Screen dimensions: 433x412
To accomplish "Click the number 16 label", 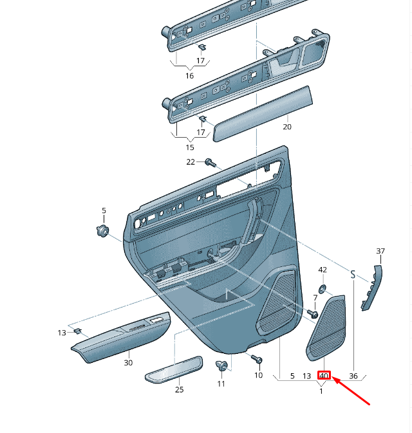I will [x=189, y=76].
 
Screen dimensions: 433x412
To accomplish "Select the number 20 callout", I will [x=287, y=127].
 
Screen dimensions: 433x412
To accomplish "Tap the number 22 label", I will [x=191, y=161].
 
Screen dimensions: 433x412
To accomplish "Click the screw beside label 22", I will [x=209, y=162].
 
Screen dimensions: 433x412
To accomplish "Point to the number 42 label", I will [x=323, y=270].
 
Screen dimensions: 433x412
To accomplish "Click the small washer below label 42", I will [x=323, y=288].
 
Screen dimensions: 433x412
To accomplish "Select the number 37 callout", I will [x=380, y=251].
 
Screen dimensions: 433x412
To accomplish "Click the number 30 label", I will [x=128, y=363].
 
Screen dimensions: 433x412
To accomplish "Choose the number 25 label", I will [x=180, y=390].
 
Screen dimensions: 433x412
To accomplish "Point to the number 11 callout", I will [x=221, y=383].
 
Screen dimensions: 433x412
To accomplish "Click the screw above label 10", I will [x=256, y=358].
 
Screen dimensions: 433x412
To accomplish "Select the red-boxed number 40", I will [x=324, y=376].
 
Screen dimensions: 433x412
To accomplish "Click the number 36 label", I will [x=353, y=376].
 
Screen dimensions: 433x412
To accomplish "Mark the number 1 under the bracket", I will [x=321, y=391].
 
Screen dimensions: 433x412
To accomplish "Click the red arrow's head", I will [x=334, y=381].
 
